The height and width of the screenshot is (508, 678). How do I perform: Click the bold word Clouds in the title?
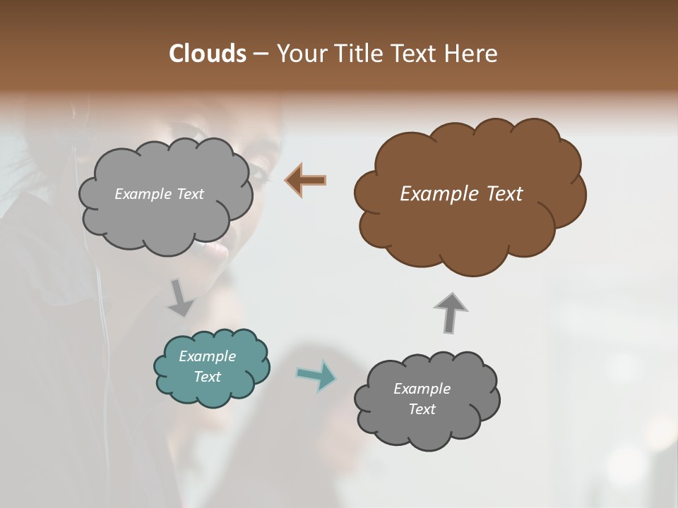[x=207, y=54]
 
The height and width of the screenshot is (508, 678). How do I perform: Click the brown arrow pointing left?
[x=306, y=181]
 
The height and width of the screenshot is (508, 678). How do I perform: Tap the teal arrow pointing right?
[x=316, y=375]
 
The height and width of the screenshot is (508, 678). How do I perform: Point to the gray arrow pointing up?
[x=450, y=312]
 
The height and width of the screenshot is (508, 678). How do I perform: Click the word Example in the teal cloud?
[x=207, y=356]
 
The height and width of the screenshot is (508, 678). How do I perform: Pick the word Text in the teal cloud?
[x=207, y=377]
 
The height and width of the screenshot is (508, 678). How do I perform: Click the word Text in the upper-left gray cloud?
[x=190, y=194]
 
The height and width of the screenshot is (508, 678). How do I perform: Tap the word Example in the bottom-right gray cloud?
[x=422, y=389]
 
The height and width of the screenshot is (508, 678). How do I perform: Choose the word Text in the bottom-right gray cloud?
[x=422, y=409]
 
